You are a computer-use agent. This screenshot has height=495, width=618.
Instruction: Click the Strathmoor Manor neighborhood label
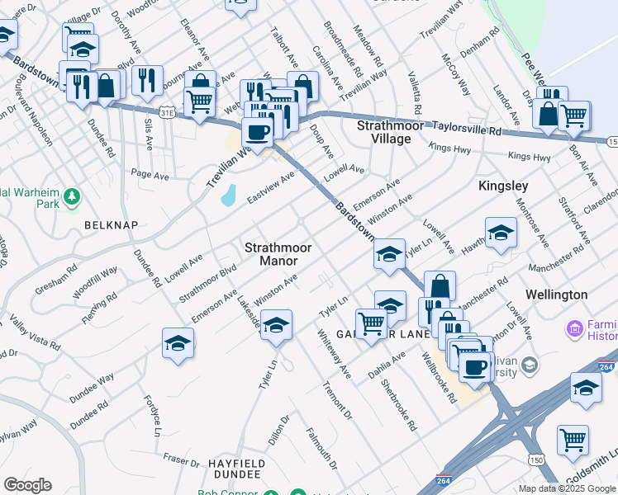(x=272, y=254)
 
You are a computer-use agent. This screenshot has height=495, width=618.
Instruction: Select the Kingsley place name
(x=503, y=186)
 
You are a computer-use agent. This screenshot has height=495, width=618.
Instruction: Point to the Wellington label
(x=557, y=295)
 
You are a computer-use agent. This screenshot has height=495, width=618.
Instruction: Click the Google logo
(x=27, y=485)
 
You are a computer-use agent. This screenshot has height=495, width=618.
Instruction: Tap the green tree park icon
(x=73, y=196)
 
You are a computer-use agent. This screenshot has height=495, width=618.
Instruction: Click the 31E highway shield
(x=168, y=110)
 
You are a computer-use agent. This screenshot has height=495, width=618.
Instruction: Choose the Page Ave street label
(x=150, y=175)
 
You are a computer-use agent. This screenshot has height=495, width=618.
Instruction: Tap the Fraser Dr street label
(x=182, y=459)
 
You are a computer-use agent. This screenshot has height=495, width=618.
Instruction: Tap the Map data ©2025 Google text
(x=568, y=488)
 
